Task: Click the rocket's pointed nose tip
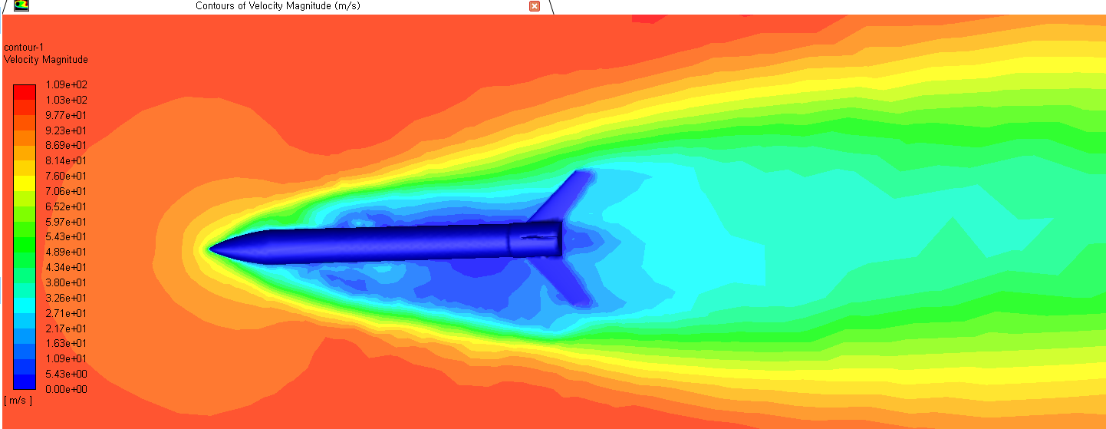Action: (x=210, y=248)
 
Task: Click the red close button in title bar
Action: (x=535, y=6)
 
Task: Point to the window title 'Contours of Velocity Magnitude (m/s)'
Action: (x=278, y=6)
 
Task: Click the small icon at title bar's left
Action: (x=21, y=5)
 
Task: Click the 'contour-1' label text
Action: (x=24, y=47)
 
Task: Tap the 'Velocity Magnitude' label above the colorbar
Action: (x=46, y=60)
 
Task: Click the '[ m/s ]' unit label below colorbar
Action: (x=18, y=401)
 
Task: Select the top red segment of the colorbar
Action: (x=25, y=91)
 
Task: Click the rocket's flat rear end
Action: (x=561, y=238)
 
